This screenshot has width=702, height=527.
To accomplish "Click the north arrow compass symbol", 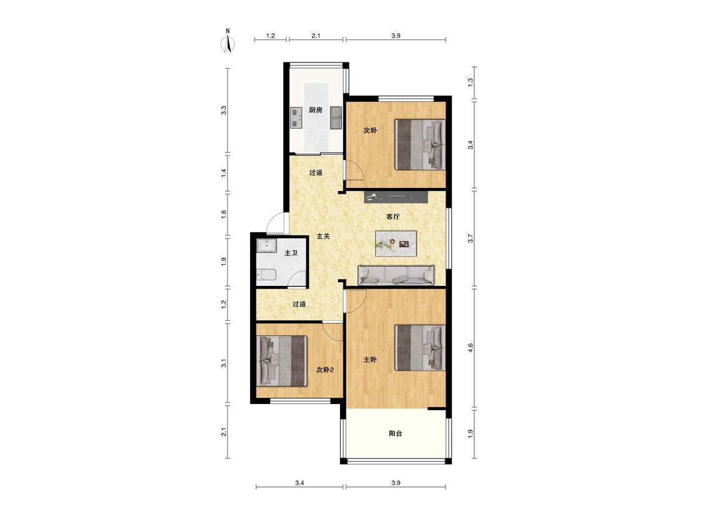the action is [229, 41].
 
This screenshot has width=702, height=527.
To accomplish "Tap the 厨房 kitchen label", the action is [316, 110].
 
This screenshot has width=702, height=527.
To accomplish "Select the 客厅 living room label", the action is [392, 217].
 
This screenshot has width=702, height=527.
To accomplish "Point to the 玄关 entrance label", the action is [323, 236].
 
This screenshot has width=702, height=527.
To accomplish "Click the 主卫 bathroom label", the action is [291, 253].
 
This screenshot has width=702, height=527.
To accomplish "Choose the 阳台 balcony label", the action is [396, 433].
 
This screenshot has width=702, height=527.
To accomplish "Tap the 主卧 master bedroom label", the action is [370, 360].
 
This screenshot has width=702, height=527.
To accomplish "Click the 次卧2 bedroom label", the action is [325, 370].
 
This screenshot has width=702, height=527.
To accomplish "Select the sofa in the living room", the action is [396, 275].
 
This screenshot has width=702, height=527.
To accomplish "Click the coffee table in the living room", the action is [396, 244].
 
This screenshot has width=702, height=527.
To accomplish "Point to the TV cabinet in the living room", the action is [396, 197].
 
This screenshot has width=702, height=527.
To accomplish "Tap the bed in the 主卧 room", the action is [420, 348].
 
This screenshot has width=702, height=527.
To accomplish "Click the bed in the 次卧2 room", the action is [281, 361].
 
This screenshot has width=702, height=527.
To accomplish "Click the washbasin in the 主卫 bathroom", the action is [267, 245].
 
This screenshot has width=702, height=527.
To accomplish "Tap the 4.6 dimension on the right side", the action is [470, 348].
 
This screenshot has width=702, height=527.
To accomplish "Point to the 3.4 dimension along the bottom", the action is [300, 483].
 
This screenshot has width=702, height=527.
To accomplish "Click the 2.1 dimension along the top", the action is [316, 36].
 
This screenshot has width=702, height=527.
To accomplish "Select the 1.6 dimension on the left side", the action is [223, 214].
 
